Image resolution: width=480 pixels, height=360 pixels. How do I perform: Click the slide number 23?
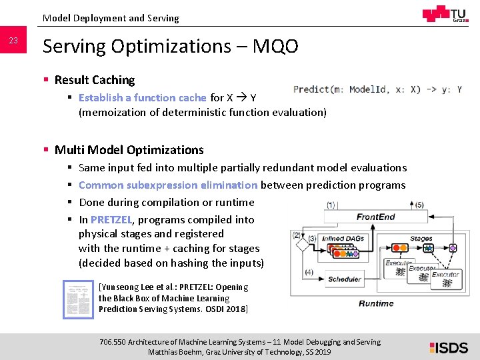pyautogui.click(x=13, y=41)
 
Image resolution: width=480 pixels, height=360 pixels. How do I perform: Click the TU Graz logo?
pyautogui.click(x=445, y=14)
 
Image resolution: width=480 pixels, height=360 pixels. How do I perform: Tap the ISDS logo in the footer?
pyautogui.click(x=448, y=347)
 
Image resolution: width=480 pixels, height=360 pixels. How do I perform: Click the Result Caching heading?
pyautogui.click(x=94, y=80)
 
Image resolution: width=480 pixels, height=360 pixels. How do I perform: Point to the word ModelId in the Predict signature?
pyautogui.click(x=370, y=89)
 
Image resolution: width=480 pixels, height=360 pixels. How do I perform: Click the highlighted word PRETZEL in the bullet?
pyautogui.click(x=111, y=219)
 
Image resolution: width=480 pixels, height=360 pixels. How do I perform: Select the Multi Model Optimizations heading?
pyautogui.click(x=129, y=150)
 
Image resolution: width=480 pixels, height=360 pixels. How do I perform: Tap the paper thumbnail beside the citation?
pyautogui.click(x=78, y=298)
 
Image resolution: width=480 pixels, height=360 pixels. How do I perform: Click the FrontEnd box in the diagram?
pyautogui.click(x=375, y=217)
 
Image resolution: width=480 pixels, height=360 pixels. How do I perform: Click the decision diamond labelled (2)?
pyautogui.click(x=303, y=245)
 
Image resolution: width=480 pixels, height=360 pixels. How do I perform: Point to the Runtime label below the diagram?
pyautogui.click(x=376, y=303)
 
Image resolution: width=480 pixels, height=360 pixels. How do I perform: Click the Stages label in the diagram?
pyautogui.click(x=421, y=238)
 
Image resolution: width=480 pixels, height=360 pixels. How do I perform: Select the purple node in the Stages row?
pyautogui.click(x=453, y=248)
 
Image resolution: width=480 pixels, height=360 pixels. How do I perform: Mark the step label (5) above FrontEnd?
pyautogui.click(x=419, y=205)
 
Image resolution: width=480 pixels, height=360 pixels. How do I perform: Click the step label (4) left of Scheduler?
pyautogui.click(x=309, y=272)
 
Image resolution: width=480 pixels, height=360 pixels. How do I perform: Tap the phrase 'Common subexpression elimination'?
pyautogui.click(x=168, y=185)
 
